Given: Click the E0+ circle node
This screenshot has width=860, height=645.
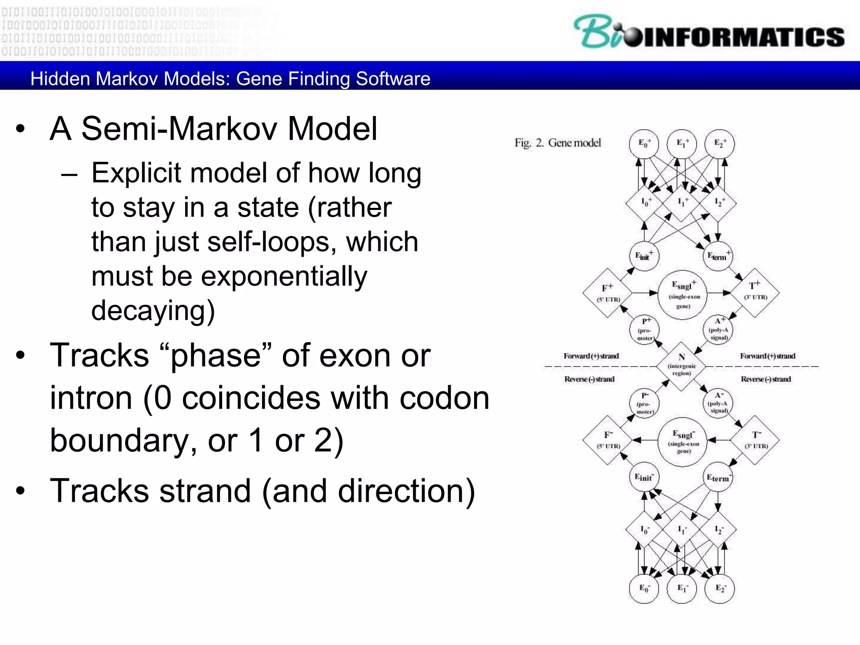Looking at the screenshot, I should point(644,144).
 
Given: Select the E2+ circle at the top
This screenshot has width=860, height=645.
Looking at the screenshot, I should point(720,144).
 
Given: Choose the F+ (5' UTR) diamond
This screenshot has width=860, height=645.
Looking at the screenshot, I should point(608,293).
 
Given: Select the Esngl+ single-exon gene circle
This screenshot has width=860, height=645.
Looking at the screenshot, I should point(683,294).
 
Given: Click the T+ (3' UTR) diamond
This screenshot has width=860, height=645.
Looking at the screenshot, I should point(755,292).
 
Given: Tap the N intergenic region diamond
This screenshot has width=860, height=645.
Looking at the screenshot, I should point(681,366).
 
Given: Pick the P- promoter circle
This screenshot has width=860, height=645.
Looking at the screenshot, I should point(645,403).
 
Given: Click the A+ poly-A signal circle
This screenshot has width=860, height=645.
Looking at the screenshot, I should point(718,330).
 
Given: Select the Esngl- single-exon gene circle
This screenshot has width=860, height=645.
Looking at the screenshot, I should point(683,442).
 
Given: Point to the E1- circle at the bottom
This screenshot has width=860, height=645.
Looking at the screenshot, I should point(682,588).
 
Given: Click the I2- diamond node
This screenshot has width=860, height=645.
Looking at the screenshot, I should point(718,530).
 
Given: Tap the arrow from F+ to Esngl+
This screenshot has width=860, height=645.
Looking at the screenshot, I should point(645,293).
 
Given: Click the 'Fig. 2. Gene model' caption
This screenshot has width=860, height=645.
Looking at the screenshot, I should point(558,143).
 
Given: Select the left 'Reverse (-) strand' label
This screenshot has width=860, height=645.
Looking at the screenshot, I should point(589,380).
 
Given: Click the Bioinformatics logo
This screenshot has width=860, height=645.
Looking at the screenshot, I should point(709,32).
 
